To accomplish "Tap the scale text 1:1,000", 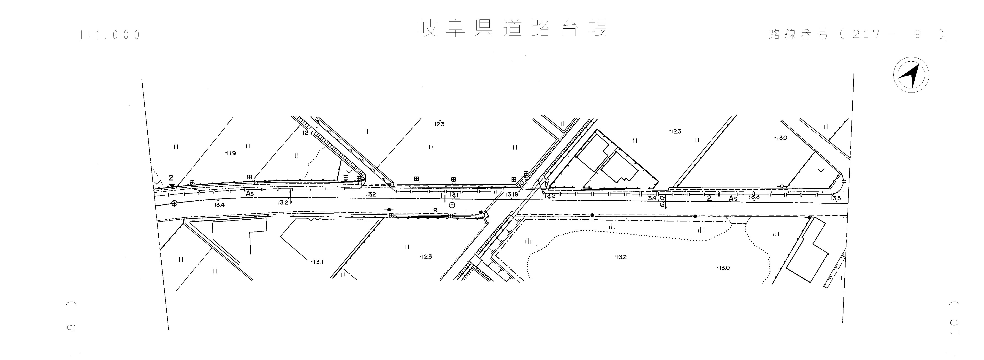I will (x=110, y=35).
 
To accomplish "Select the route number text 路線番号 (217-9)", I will (x=856, y=34).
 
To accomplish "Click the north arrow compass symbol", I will (x=911, y=75).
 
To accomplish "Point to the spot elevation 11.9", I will (x=231, y=153).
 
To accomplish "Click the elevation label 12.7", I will (x=307, y=133).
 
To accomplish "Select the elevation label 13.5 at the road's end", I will (x=836, y=198).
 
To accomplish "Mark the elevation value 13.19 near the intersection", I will (x=512, y=194).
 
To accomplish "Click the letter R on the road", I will (x=435, y=210).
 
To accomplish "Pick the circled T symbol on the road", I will (x=452, y=205).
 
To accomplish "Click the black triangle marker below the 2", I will (x=172, y=186).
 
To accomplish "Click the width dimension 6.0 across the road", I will (x=663, y=201).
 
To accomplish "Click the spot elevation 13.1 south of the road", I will (x=317, y=262).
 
